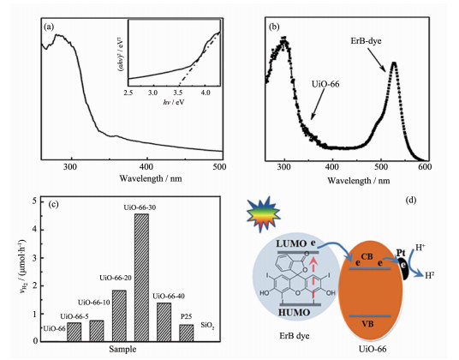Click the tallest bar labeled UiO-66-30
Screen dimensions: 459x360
click(141, 278)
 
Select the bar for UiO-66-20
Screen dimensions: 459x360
click(119, 315)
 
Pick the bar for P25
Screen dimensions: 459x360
click(187, 333)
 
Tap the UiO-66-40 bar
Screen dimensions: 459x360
click(164, 322)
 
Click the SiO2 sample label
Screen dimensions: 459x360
click(207, 325)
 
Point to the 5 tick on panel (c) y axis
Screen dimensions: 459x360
click(35, 201)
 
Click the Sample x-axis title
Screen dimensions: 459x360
click(122, 349)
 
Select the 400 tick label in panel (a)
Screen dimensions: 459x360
click(146, 166)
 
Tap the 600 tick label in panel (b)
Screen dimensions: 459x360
click(425, 167)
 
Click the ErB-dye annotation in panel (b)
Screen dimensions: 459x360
click(366, 41)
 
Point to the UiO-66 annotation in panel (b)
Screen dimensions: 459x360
click(325, 84)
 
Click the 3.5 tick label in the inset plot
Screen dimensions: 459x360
click(178, 93)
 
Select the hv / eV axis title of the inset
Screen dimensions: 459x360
click(174, 102)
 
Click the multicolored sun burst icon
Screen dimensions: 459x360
click(263, 214)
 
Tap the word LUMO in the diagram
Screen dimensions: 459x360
click(291, 243)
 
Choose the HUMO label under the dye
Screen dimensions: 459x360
click(294, 313)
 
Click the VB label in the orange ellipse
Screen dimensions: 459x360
click(367, 324)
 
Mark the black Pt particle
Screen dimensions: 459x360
click(404, 268)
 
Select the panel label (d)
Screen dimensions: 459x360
click(411, 201)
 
